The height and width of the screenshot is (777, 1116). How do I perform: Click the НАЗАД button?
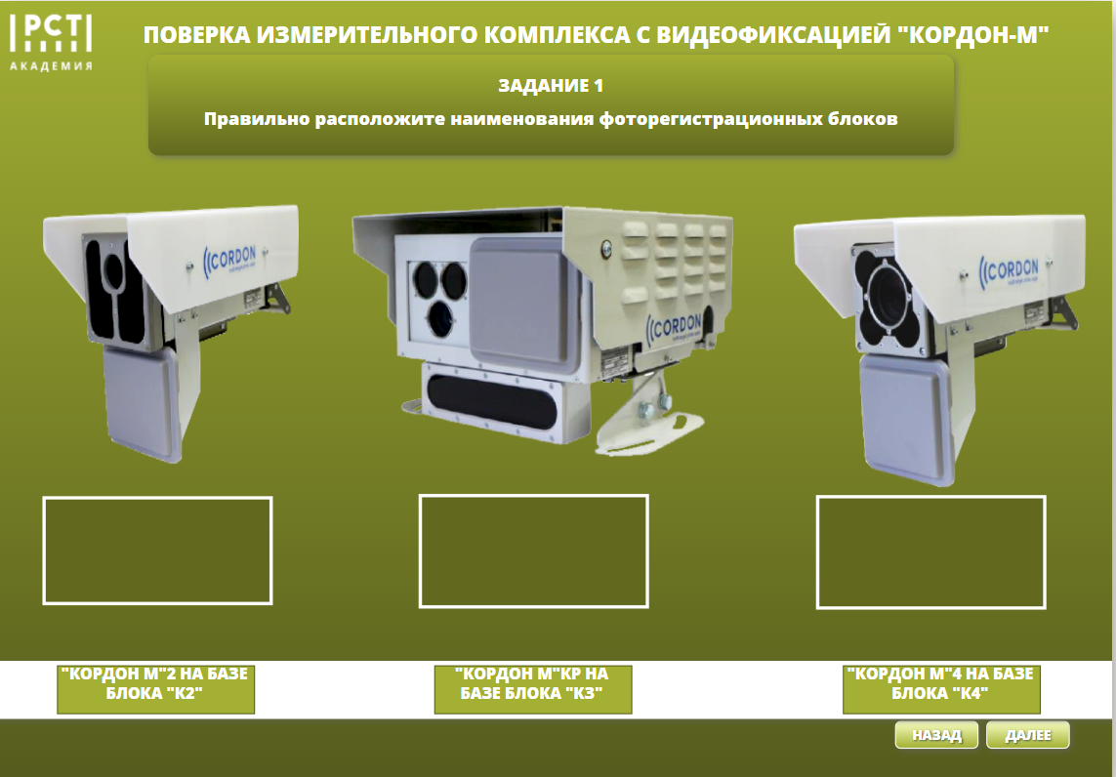[x=936, y=735]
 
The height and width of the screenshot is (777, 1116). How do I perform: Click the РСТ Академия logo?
[x=51, y=43]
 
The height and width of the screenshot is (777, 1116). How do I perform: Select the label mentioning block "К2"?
[x=155, y=688]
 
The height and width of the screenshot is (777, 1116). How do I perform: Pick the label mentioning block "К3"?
[x=532, y=688]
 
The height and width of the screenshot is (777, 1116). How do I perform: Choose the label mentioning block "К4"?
[x=941, y=688]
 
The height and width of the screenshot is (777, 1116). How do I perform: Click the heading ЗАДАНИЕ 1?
[x=551, y=85]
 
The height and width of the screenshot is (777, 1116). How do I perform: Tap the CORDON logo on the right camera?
[x=1010, y=271]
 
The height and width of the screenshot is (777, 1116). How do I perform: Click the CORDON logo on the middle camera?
[x=675, y=327]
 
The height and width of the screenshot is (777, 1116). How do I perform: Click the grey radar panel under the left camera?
[x=141, y=403]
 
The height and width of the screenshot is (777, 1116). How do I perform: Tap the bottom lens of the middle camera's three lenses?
[x=441, y=319]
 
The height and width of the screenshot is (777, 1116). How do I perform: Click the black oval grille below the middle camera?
[x=492, y=403]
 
